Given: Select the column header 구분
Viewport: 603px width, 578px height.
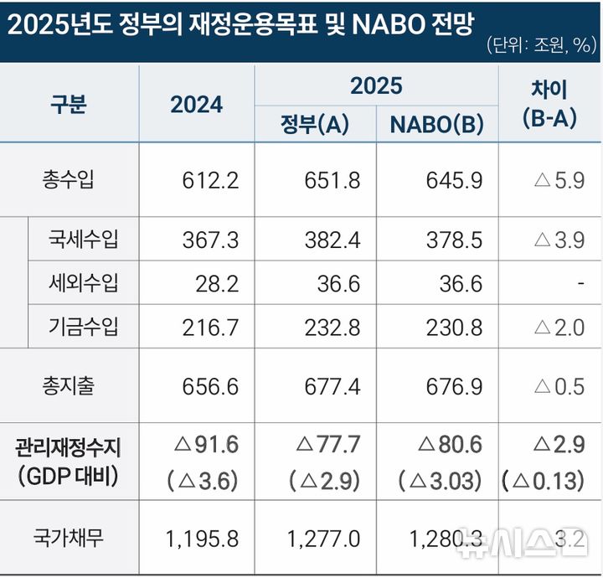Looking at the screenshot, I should click(x=69, y=105).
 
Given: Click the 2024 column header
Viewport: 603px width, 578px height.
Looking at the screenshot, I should click(x=197, y=105).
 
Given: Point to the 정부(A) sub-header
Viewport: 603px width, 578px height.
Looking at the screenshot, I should click(x=314, y=125).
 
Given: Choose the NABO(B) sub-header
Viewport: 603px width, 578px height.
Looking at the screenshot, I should click(x=436, y=125).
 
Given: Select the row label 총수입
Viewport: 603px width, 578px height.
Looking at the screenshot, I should click(x=69, y=180).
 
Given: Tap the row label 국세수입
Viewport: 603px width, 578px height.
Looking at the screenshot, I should click(x=84, y=240).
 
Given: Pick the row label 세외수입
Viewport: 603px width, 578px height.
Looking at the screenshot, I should click(x=84, y=283).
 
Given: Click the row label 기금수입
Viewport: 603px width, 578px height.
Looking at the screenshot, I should click(x=84, y=327).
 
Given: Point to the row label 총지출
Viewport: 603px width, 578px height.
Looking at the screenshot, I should click(x=69, y=385).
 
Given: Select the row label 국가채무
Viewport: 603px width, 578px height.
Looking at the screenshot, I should click(x=69, y=538).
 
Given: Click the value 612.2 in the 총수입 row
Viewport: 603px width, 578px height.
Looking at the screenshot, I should click(x=210, y=180).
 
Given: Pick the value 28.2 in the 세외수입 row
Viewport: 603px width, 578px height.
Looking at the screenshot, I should click(x=217, y=284).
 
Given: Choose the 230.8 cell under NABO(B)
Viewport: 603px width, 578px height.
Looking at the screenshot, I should click(x=455, y=328).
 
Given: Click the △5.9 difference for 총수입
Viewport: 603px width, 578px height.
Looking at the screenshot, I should click(x=559, y=180).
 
